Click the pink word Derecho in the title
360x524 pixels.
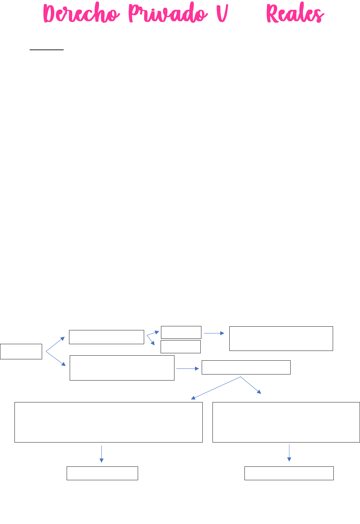(81, 13)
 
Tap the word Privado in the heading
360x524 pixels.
(168, 12)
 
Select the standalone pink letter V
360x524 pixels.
(222, 13)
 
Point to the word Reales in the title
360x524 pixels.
(295, 12)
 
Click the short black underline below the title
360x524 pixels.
(46, 50)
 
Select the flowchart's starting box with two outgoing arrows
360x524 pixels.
(21, 351)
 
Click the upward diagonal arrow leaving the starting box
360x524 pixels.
(55, 344)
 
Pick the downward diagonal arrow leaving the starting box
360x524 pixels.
(56, 359)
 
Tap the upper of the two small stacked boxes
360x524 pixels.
(181, 332)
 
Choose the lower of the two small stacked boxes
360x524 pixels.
(181, 347)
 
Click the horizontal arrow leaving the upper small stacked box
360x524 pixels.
(214, 333)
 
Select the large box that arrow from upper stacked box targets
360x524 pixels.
(281, 338)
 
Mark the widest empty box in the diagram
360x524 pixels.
(108, 422)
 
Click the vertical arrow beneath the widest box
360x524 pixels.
(101, 454)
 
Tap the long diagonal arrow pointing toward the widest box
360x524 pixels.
(216, 388)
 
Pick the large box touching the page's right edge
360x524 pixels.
(286, 422)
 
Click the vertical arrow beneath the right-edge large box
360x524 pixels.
(289, 453)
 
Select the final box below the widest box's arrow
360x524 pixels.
(102, 473)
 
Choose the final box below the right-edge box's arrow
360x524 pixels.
(289, 473)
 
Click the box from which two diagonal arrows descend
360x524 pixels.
(246, 367)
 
